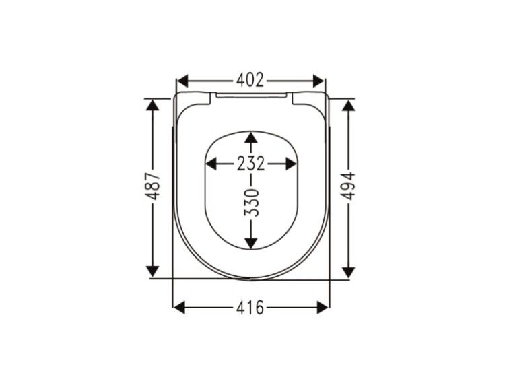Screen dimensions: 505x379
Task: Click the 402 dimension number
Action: (250, 80)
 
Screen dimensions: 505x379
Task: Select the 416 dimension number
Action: (250, 307)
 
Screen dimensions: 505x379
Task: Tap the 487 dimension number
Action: (153, 186)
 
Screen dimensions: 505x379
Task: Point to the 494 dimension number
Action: (348, 186)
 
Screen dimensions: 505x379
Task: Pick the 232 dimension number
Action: (251, 164)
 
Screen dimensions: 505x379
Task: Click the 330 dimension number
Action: (251, 203)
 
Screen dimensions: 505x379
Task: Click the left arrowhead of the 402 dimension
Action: (182, 81)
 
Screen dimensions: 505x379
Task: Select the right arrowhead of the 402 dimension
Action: (318, 81)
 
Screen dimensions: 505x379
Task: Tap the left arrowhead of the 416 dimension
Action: (179, 307)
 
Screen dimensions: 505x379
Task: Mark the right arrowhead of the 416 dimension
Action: (323, 307)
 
